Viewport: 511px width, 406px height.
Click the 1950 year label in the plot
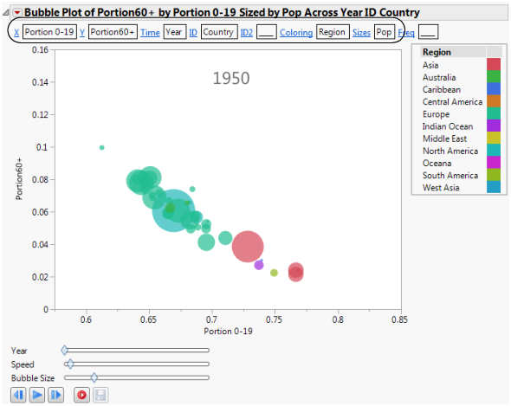coord(231,79)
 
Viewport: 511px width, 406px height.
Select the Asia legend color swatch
coord(494,65)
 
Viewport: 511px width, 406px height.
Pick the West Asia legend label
coord(442,188)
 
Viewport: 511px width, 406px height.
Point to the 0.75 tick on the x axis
coord(275,320)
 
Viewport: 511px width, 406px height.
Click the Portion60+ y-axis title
coord(20,179)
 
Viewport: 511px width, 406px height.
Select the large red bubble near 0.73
coord(249,247)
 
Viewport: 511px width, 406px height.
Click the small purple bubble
coord(259,265)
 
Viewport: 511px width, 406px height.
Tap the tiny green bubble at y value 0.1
coord(102,147)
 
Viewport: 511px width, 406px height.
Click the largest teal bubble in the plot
coord(174,210)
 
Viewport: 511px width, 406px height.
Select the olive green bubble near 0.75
coord(274,273)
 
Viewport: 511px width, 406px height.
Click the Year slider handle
coord(64,351)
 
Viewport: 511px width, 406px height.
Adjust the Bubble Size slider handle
coord(94,377)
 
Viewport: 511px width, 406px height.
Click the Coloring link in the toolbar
coord(295,32)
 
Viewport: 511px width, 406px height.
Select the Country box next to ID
coord(217,32)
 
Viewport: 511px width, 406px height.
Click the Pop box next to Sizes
coord(384,32)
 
